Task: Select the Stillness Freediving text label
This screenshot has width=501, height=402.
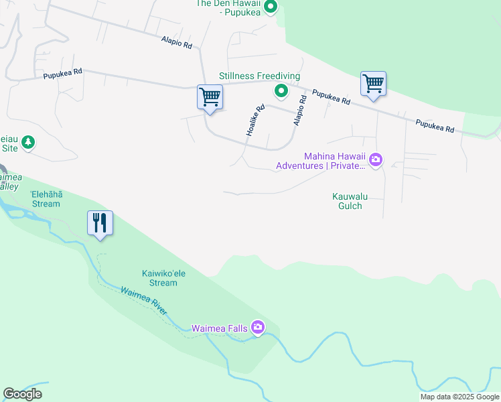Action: click(260, 76)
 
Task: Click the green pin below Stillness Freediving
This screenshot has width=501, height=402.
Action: click(282, 91)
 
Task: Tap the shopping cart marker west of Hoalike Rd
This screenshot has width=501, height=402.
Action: click(210, 98)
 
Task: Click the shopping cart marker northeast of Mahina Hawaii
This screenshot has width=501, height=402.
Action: click(373, 84)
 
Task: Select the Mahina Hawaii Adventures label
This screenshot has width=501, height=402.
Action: click(321, 160)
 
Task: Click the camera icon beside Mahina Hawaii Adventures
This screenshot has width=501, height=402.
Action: click(376, 159)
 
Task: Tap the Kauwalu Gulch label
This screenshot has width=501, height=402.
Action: click(347, 201)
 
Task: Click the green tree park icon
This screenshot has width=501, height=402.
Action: click(27, 142)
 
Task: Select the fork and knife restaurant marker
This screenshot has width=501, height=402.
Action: click(100, 223)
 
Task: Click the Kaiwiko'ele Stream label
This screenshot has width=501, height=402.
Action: click(159, 278)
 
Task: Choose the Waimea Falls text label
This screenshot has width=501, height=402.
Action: click(220, 328)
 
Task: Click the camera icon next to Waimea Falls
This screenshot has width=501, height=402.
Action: click(258, 327)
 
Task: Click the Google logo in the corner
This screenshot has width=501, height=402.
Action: click(22, 394)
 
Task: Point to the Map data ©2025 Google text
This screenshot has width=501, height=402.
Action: click(459, 397)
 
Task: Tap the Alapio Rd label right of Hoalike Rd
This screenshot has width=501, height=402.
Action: click(299, 111)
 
